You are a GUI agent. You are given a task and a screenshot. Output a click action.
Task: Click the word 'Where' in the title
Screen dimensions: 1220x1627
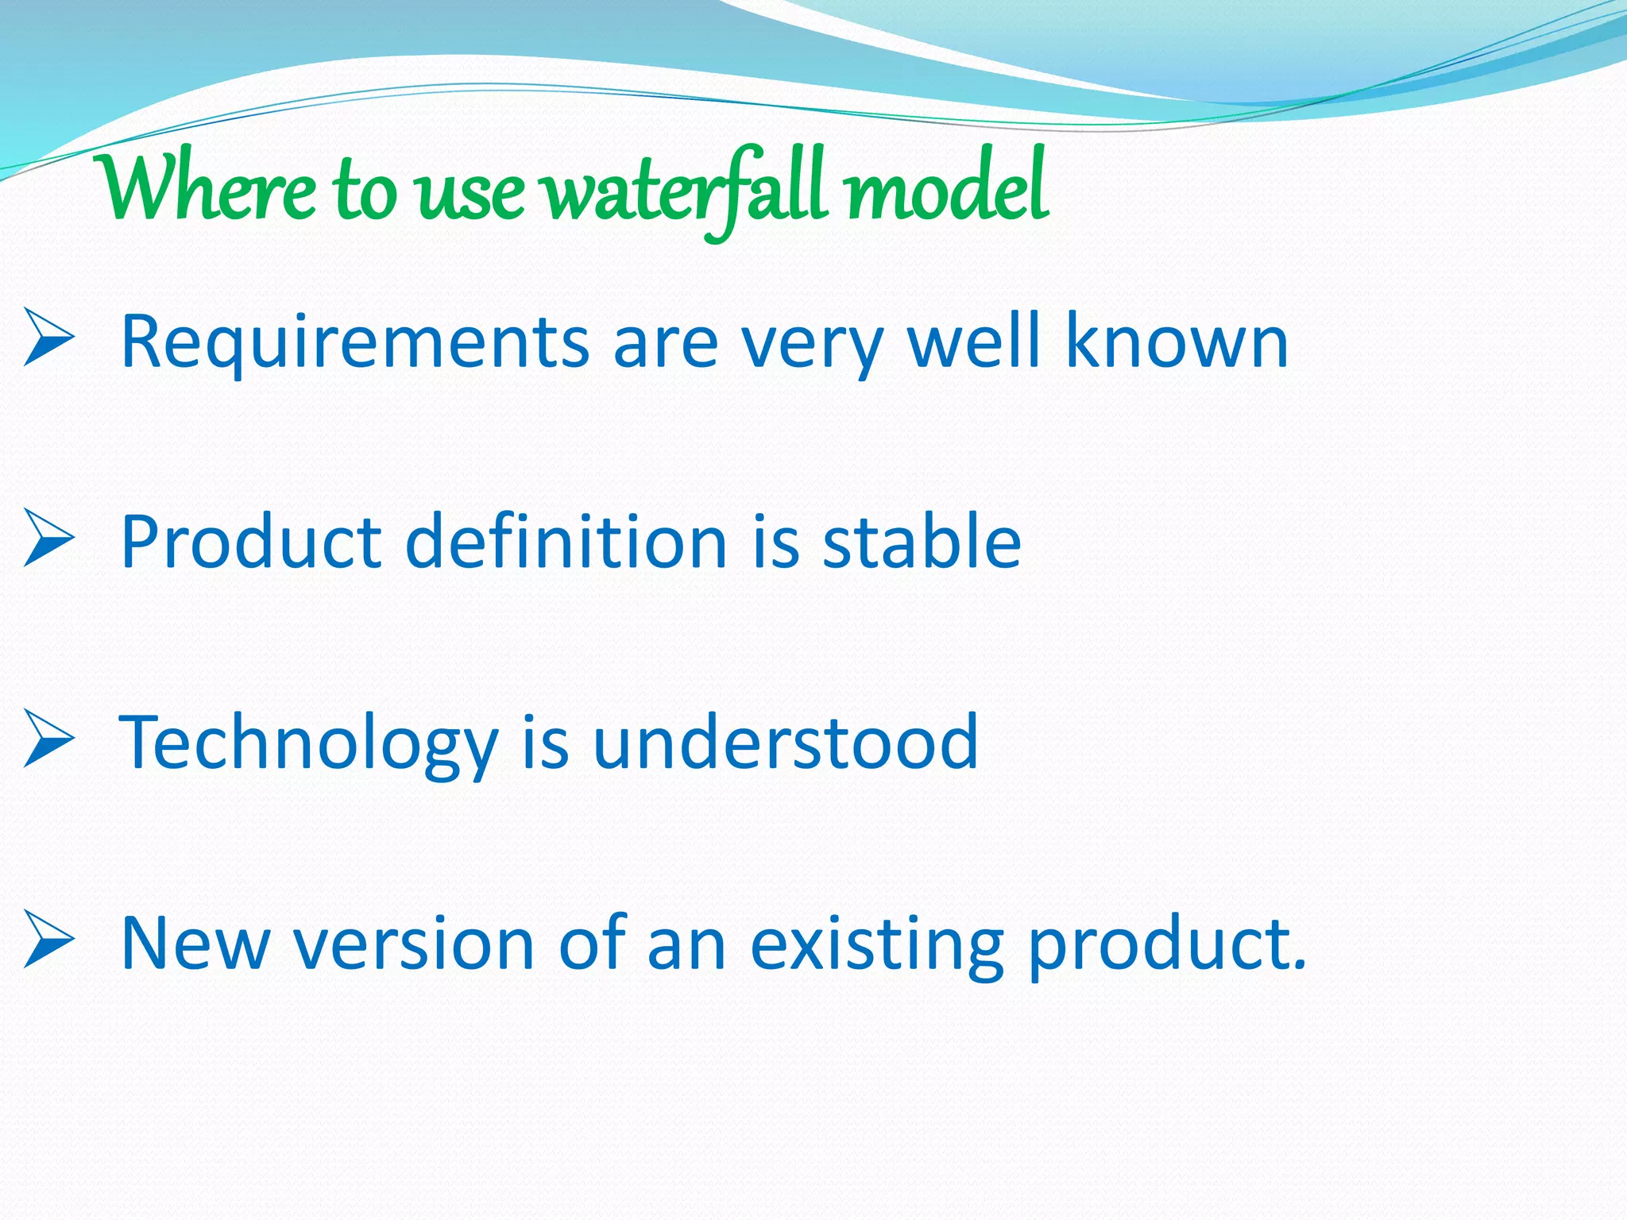point(208,189)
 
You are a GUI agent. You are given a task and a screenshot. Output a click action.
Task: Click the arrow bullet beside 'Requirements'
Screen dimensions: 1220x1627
point(48,338)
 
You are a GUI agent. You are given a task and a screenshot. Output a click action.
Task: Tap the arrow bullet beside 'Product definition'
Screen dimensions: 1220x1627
point(48,538)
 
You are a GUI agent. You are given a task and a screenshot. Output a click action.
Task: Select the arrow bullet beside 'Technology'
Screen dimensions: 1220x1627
point(48,739)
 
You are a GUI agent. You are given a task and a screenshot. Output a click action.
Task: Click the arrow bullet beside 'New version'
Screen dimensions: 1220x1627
point(48,940)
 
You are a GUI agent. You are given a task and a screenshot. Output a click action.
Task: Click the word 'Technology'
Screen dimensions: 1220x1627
point(308,744)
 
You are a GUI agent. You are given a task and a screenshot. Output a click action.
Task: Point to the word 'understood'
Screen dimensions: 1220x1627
point(786,743)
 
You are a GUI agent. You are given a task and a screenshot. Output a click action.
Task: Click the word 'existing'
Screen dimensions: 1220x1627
point(877,945)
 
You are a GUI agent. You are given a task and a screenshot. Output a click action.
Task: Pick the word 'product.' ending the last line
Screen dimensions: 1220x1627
point(1167,945)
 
